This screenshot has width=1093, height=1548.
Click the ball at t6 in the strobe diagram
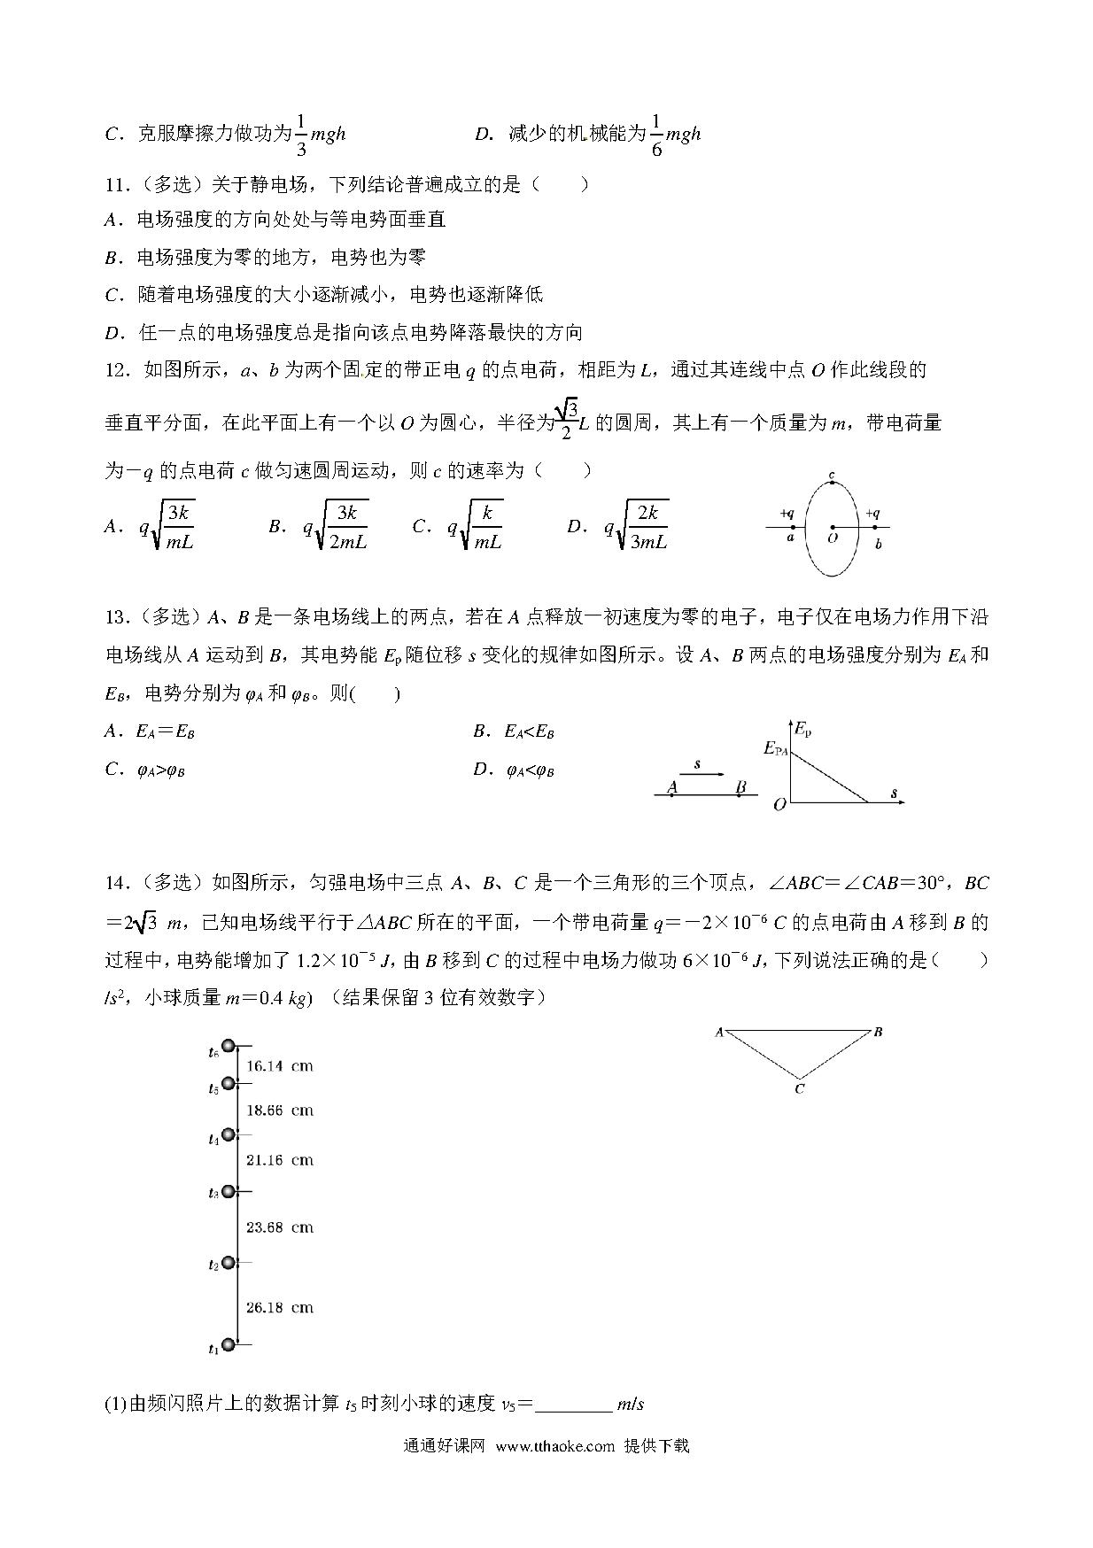coord(229,1047)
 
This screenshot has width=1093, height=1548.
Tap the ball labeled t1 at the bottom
coord(229,1345)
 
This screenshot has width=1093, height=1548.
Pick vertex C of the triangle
coord(799,1088)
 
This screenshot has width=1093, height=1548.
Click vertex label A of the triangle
coord(719,1032)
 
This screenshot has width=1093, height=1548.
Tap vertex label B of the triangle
coord(877,1032)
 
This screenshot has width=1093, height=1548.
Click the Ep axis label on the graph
coord(802,730)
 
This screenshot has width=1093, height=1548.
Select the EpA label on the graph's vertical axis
coord(776,748)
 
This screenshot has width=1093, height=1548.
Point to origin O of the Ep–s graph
coord(779,806)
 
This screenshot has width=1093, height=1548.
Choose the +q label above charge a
coord(787,513)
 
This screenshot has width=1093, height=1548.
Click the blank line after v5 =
coord(573,1404)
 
